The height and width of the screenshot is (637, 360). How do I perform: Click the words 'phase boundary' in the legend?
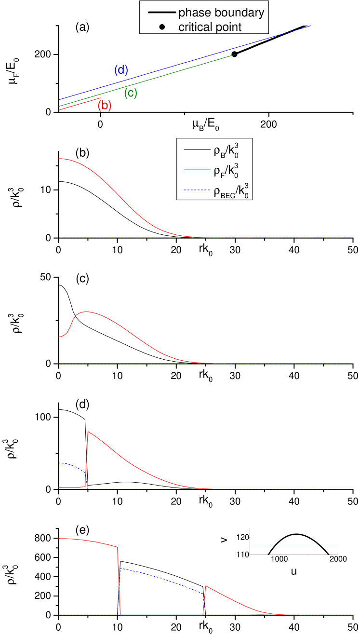pos(221,13)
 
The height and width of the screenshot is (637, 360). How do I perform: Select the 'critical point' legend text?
pos(210,27)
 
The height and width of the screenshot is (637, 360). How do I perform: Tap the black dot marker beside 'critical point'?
pos(162,27)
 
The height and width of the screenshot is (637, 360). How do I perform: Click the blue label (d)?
pos(121,70)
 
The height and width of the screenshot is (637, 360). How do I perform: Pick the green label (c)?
pos(131,94)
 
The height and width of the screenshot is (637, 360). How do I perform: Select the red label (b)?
pos(105,106)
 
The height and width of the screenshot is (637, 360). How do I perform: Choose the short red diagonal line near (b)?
pos(80,104)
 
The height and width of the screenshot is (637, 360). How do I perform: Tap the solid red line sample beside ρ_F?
pos(195,172)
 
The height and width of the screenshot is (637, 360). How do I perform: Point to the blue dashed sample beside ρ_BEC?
pos(195,192)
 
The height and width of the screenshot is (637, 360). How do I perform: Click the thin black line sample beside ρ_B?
pos(195,152)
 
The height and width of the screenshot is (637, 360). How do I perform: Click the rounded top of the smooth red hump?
pos(86,312)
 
